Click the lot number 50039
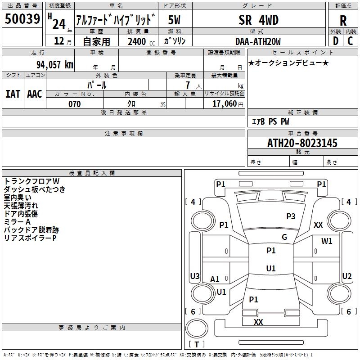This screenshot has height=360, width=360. click(x=22, y=19)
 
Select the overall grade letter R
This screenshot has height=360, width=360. click(x=343, y=21)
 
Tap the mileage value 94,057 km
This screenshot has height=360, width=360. click(x=54, y=65)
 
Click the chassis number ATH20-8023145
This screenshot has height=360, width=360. click(x=302, y=143)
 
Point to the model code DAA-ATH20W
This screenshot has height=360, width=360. click(x=258, y=41)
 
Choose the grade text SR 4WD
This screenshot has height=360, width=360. click(x=258, y=20)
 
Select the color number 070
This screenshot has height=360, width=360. click(x=74, y=104)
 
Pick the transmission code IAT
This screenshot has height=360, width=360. click(x=13, y=94)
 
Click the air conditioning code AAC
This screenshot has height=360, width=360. click(x=35, y=94)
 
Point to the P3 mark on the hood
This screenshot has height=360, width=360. click(x=291, y=216)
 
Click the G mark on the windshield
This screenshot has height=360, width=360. click(x=284, y=237)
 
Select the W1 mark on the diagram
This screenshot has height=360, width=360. click(x=327, y=241)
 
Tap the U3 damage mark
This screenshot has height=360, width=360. click(x=195, y=276)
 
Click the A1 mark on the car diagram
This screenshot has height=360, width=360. click(x=215, y=279)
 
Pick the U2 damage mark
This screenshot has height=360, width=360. click(x=346, y=276)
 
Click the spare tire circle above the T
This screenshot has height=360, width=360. click(x=197, y=328)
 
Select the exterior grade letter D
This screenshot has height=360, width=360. click(x=335, y=41)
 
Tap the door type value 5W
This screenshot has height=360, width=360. click(x=174, y=20)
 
